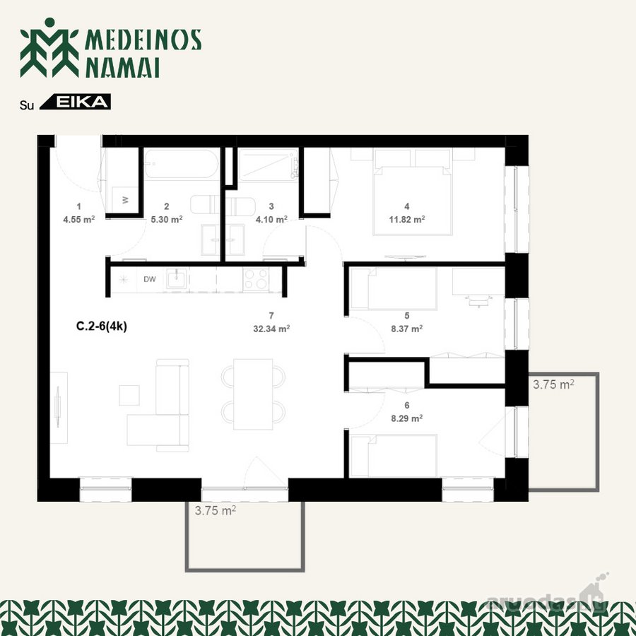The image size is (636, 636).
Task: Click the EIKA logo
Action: click(x=75, y=102)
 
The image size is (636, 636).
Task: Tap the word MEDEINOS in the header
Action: click(x=143, y=40)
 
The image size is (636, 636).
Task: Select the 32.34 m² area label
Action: click(x=271, y=329)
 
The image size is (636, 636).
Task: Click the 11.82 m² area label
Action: click(x=407, y=220)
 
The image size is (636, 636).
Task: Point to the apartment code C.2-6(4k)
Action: click(x=101, y=326)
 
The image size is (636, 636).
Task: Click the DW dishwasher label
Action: click(x=150, y=279)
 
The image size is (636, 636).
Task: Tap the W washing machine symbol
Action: click(x=125, y=199)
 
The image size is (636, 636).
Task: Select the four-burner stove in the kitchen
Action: click(x=256, y=279)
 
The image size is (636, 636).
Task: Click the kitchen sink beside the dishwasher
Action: click(x=177, y=279)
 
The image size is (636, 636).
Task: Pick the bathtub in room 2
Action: click(x=182, y=164)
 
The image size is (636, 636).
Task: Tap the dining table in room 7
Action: click(x=253, y=394)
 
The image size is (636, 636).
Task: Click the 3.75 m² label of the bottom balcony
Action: click(x=216, y=510)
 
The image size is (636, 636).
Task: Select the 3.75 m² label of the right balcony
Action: click(x=553, y=384)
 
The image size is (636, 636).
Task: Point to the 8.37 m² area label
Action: click(x=407, y=329)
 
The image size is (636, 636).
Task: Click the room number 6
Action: click(x=407, y=405)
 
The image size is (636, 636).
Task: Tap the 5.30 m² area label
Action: click(x=166, y=220)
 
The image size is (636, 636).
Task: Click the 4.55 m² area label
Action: click(x=78, y=220)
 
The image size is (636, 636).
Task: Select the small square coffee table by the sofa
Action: click(x=129, y=396)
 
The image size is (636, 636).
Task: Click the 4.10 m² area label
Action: click(x=271, y=220)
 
